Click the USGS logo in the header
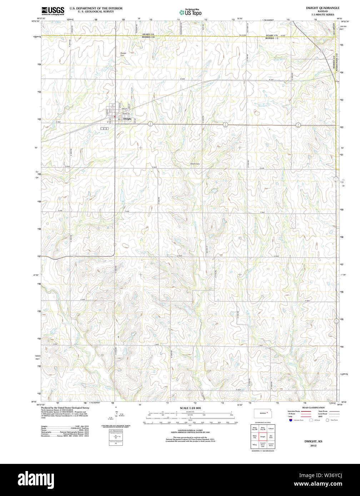point(53,10)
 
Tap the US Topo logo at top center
point(190,12)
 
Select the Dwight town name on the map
point(127,119)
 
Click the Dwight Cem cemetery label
point(123,54)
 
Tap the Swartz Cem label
point(195,164)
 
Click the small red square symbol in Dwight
point(114,116)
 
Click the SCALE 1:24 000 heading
point(190,408)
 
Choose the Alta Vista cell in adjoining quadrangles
point(271,436)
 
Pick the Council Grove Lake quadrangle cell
point(263,445)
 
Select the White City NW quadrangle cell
point(255,428)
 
